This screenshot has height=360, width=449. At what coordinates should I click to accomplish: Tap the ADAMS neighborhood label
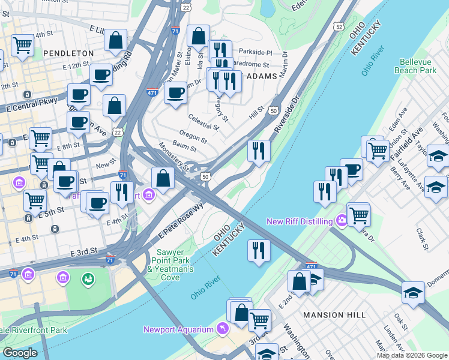[x=262, y=76]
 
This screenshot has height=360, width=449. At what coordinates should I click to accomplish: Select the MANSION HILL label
[x=335, y=315]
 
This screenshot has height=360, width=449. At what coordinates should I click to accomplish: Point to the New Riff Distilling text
[x=300, y=222]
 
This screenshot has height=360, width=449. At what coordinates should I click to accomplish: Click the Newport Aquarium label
[x=179, y=329]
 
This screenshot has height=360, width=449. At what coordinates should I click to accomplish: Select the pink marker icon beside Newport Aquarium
[x=223, y=329]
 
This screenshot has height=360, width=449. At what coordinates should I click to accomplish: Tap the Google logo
[x=20, y=353]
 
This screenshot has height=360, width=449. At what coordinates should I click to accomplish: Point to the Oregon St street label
[x=193, y=134]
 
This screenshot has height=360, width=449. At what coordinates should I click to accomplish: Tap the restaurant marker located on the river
[x=259, y=250]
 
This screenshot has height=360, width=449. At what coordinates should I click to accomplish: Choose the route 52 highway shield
[x=339, y=27]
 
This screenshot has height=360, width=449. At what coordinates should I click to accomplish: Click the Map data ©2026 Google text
[x=411, y=355]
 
